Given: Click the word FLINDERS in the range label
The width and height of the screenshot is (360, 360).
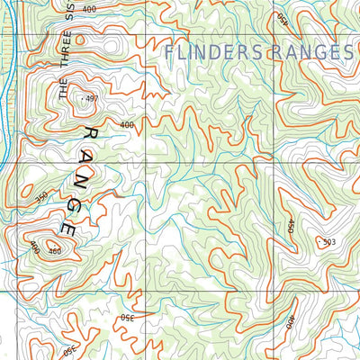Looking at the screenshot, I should pos(216,53).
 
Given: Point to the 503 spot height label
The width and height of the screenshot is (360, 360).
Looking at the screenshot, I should pos(327,241).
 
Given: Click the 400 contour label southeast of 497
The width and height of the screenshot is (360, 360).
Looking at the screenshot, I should pos(126,125).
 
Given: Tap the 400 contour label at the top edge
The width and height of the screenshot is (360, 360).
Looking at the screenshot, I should pos(88,8).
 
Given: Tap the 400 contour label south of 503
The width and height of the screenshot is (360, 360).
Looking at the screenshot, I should pos(290,322).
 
